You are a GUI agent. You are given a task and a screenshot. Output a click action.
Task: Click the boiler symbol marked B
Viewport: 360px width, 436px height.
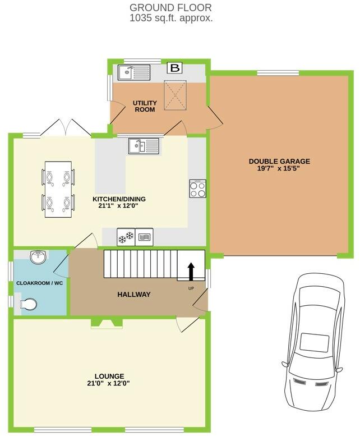[x=176, y=68]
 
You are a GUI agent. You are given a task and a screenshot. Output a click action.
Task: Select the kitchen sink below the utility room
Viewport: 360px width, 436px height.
[x=144, y=146]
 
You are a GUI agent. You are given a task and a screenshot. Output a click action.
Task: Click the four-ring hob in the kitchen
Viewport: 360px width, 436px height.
[x=198, y=189]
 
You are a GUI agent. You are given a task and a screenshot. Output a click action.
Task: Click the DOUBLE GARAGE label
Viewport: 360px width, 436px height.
[x=279, y=161]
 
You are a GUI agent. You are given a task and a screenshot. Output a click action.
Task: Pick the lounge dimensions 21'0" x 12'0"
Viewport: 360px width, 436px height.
[x=110, y=384]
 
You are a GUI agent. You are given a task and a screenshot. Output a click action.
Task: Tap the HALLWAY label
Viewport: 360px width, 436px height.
[x=133, y=295]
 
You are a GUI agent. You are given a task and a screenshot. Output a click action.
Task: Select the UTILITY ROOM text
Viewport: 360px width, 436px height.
[x=144, y=106]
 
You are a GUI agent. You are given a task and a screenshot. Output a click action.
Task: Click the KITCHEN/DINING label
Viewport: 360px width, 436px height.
[x=119, y=199]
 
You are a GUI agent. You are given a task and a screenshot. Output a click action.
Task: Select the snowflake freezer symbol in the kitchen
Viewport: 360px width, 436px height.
[x=126, y=237]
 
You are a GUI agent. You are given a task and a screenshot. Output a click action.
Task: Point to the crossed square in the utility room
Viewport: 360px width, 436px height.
[x=176, y=95]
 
